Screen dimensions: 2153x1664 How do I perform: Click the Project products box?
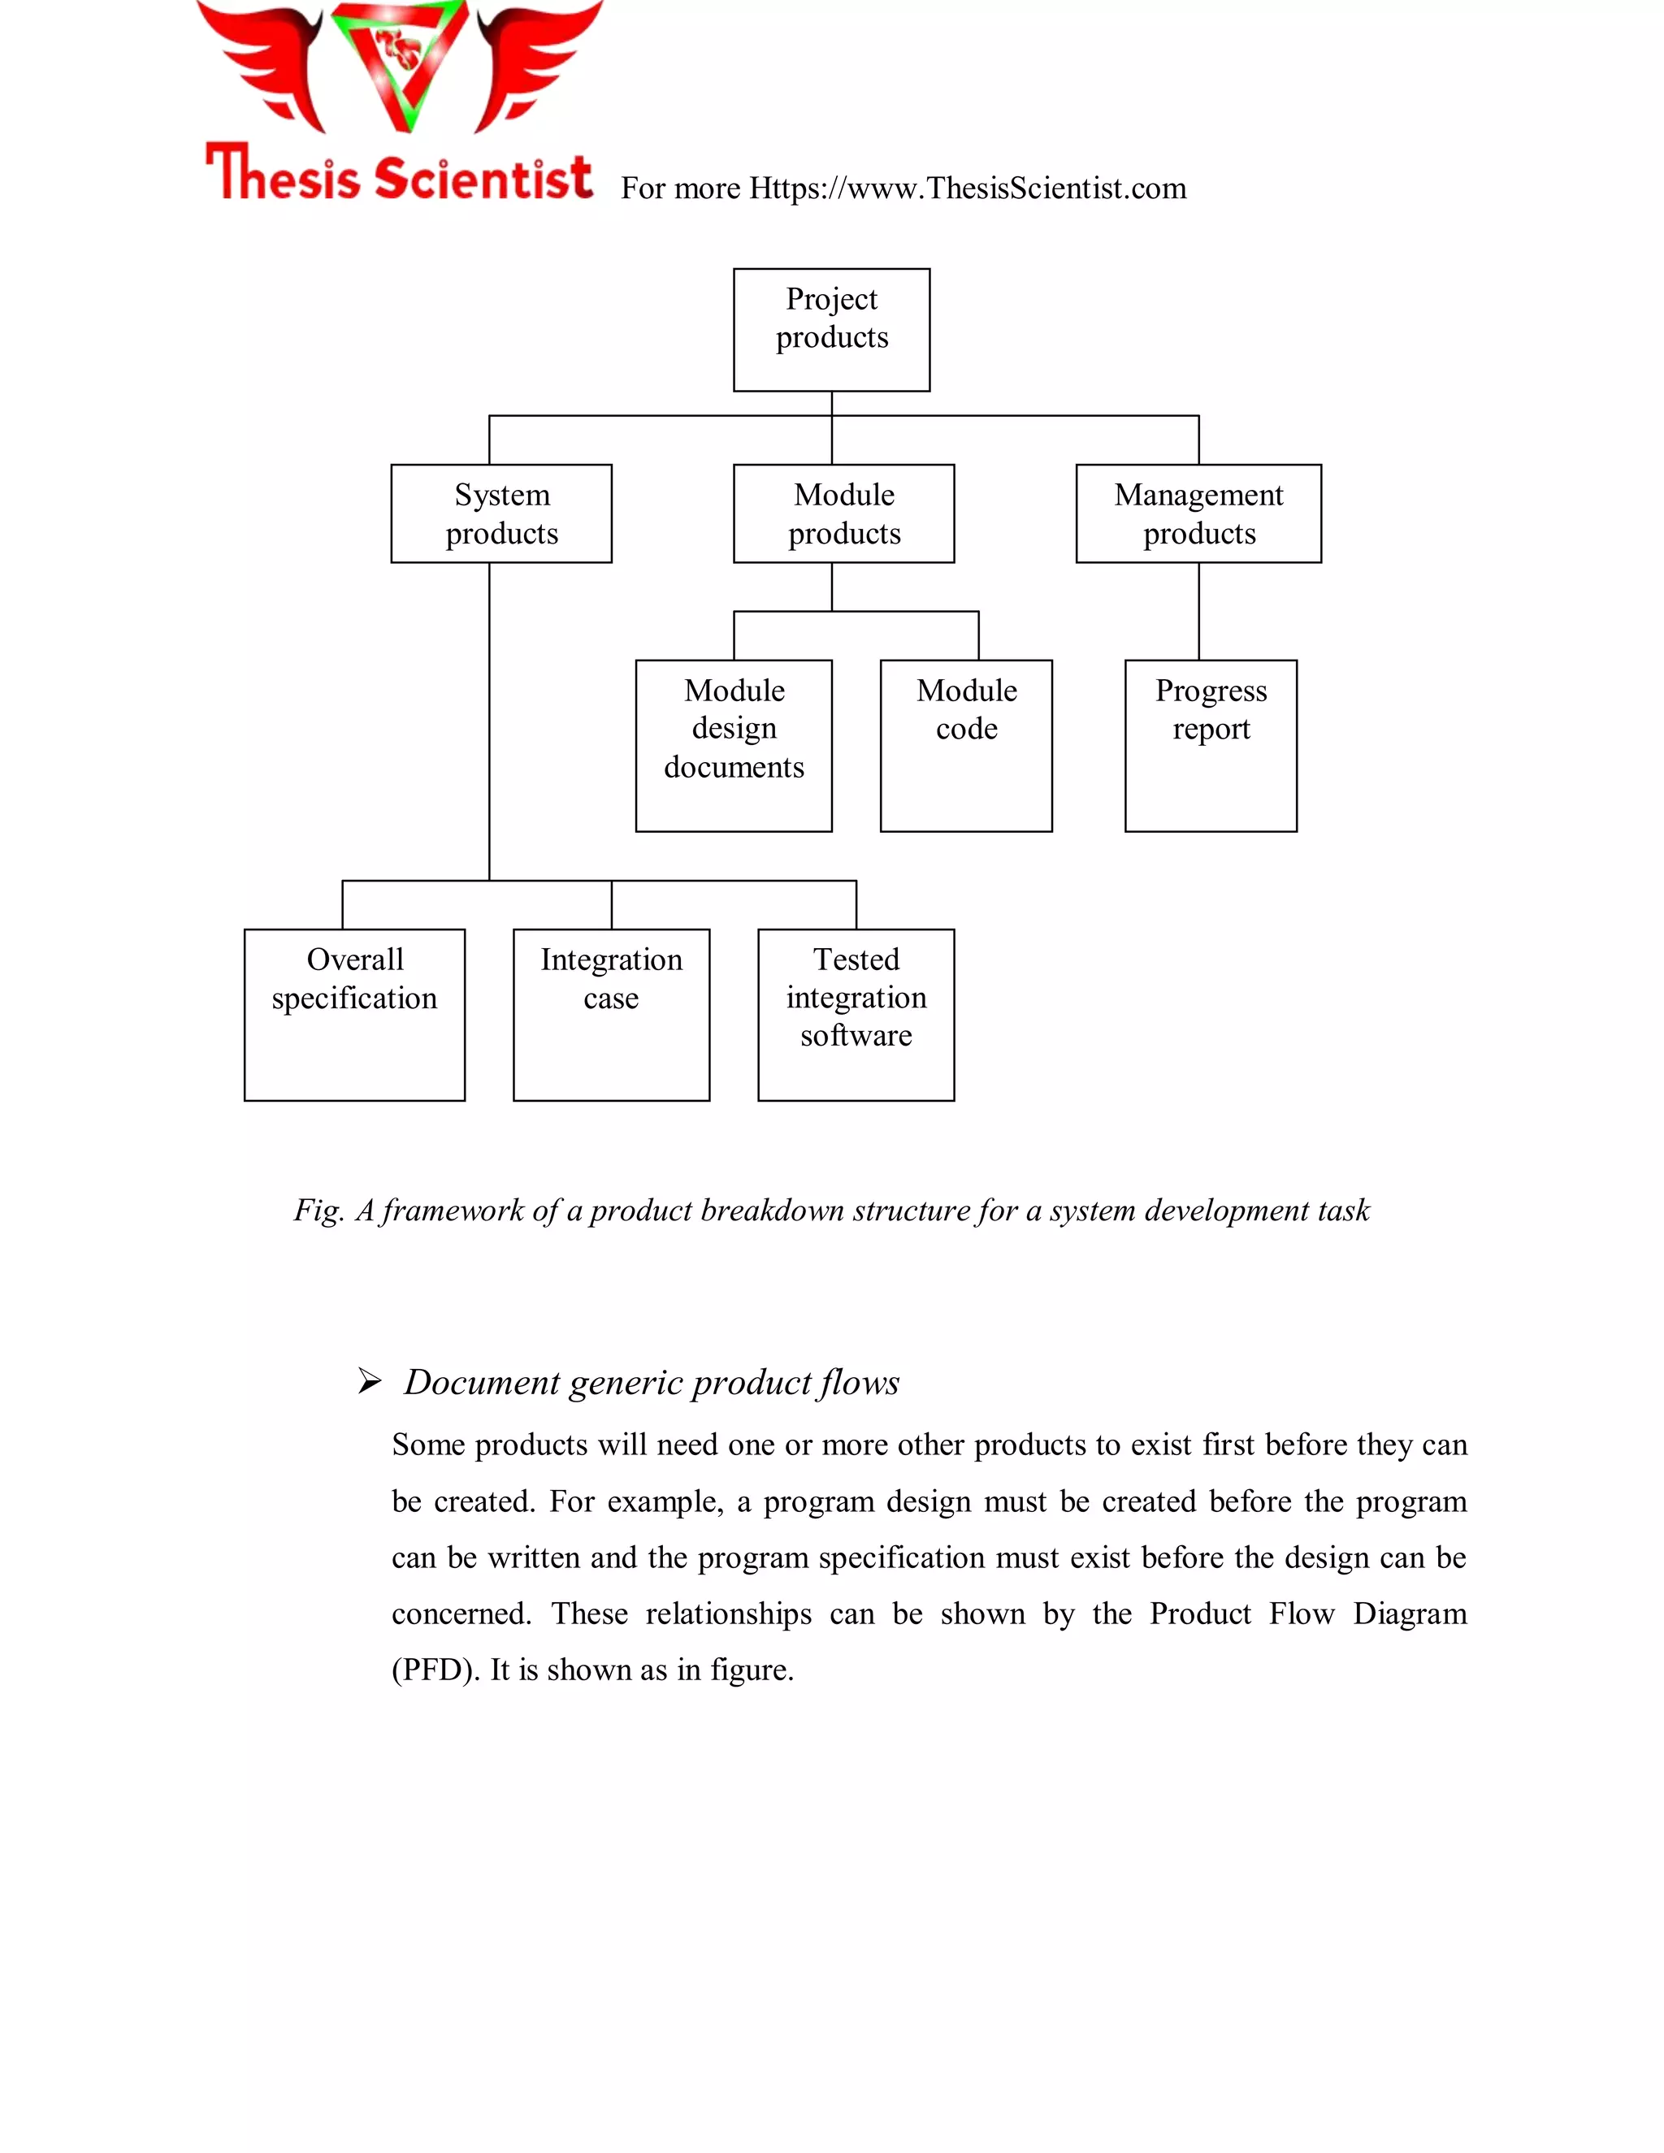coord(831,329)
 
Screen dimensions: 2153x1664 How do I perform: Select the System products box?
coord(500,513)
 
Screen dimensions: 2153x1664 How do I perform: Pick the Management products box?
coord(1198,513)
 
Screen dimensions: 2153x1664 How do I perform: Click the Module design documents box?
coord(734,745)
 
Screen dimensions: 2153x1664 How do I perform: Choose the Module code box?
coord(965,745)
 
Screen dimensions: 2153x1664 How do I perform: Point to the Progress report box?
coord(1210,745)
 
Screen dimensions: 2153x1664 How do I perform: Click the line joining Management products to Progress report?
coord(1198,611)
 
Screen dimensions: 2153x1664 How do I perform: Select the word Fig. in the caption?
coord(318,1211)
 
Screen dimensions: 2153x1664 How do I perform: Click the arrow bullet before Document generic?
coord(370,1381)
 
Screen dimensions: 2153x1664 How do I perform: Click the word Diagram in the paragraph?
coord(1409,1614)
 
